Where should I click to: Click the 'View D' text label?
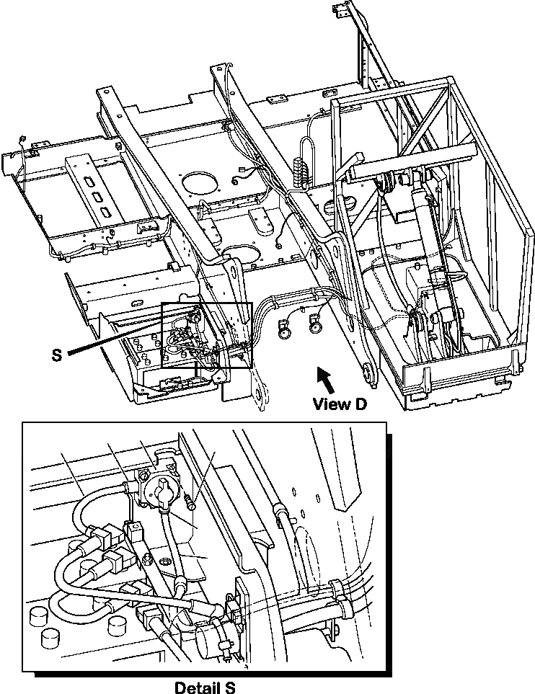pos(340,404)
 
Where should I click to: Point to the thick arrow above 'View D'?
pos(325,378)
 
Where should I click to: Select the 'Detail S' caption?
pos(205,687)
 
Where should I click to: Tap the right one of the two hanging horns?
pos(314,328)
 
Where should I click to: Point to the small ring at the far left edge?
pos(22,138)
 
